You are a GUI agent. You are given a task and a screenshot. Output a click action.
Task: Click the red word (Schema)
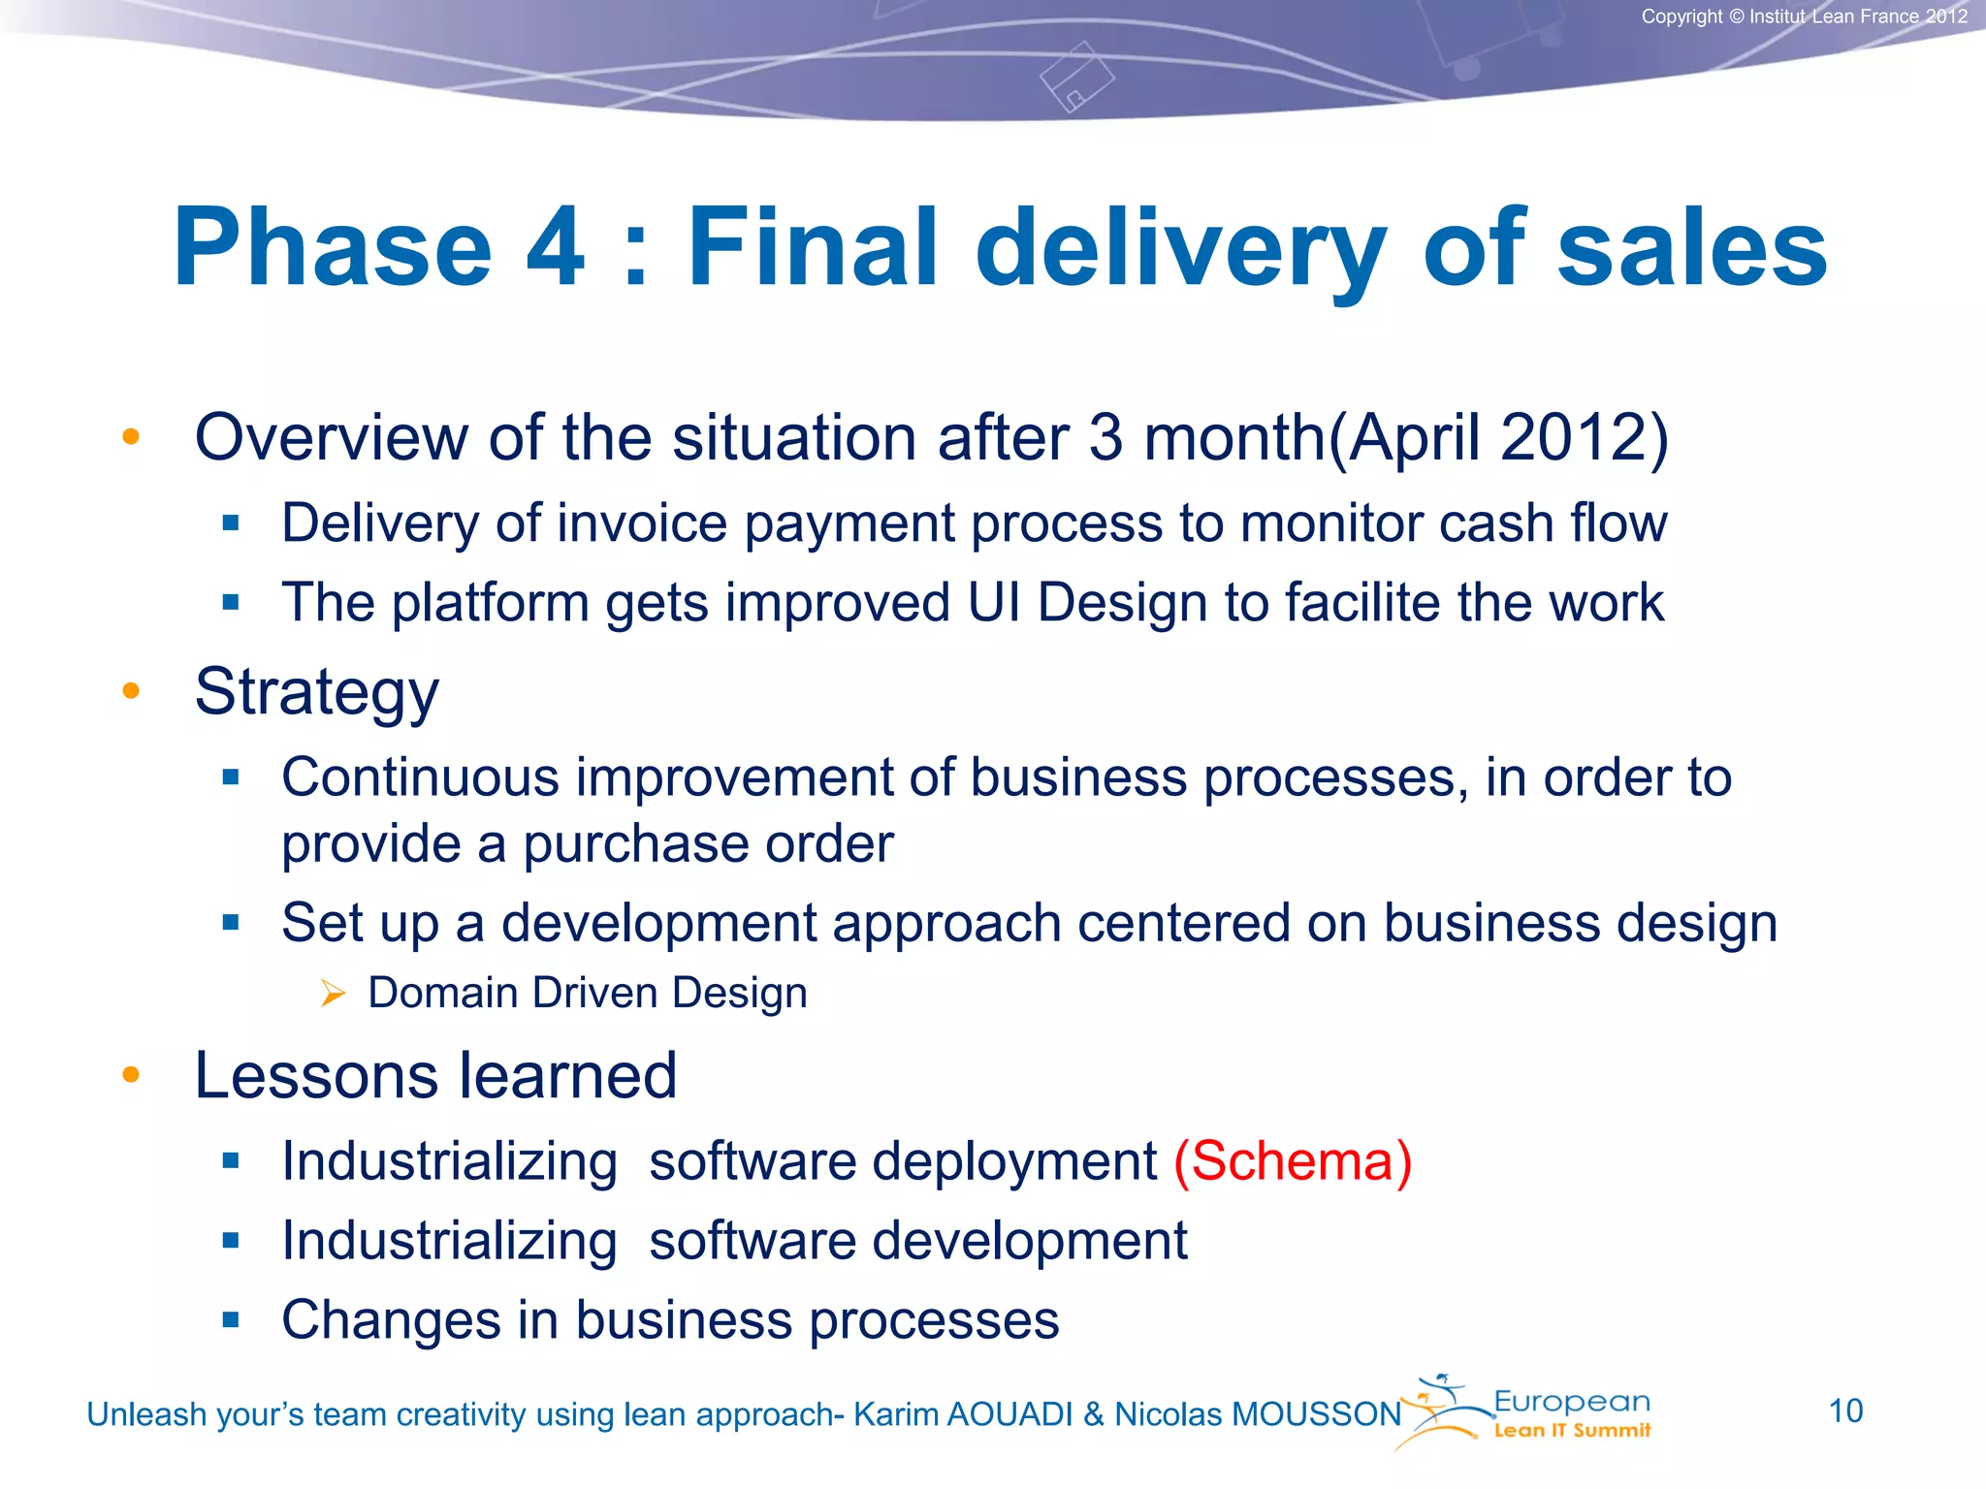pyautogui.click(x=1293, y=1161)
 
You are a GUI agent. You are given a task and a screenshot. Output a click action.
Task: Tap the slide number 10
pyautogui.click(x=1845, y=1411)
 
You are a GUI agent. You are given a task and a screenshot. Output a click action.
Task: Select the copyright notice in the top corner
pyautogui.click(x=1804, y=16)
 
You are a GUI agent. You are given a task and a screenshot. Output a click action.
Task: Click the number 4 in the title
pyautogui.click(x=556, y=248)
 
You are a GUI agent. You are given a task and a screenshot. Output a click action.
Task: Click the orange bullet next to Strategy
pyautogui.click(x=131, y=691)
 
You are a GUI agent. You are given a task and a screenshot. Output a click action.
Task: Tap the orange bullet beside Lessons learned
pyautogui.click(x=131, y=1075)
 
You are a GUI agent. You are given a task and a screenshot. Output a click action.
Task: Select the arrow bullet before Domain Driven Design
pyautogui.click(x=333, y=994)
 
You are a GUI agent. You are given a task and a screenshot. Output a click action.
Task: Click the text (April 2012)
pyautogui.click(x=1497, y=438)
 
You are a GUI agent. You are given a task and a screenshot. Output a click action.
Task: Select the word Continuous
pyautogui.click(x=420, y=777)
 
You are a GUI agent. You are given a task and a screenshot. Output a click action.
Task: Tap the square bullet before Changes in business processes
pyautogui.click(x=230, y=1320)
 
